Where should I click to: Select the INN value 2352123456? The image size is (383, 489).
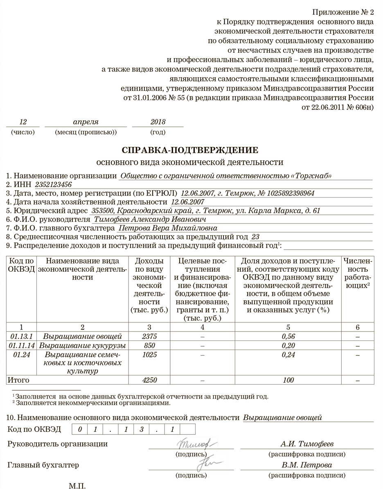54,185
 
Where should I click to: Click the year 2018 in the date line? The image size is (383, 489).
158,122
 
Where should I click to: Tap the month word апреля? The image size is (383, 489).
86,122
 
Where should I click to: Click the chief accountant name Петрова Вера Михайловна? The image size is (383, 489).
167,228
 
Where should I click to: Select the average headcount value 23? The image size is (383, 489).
255,237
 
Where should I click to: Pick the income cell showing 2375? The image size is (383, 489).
149,337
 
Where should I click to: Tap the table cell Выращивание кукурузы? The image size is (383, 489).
82,346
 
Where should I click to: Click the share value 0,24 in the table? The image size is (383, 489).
288,355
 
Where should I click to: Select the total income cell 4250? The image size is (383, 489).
149,380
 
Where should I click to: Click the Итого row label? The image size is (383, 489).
18,380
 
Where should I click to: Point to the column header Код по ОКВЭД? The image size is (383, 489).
21,265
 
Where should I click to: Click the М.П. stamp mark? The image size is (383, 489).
77,485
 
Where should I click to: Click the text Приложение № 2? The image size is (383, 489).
343,12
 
